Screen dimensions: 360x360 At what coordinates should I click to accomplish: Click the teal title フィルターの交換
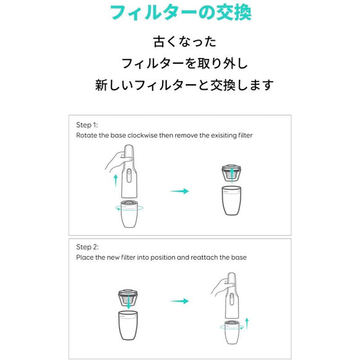(x=180, y=14)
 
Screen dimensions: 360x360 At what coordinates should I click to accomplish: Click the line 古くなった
(x=180, y=42)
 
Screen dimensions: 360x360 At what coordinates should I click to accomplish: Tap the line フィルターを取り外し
(x=180, y=63)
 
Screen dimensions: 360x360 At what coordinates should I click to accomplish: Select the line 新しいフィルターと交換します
(x=180, y=85)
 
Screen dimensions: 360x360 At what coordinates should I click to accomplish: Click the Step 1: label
(x=87, y=124)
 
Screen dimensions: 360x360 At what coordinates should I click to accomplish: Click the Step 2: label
(x=87, y=246)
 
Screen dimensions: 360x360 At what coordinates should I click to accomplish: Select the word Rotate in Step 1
(x=86, y=134)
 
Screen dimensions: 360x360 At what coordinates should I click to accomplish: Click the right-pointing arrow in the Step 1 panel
(x=180, y=192)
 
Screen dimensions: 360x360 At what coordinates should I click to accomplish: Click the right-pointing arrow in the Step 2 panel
(x=180, y=301)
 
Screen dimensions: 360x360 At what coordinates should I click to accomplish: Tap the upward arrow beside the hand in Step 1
(x=116, y=180)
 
